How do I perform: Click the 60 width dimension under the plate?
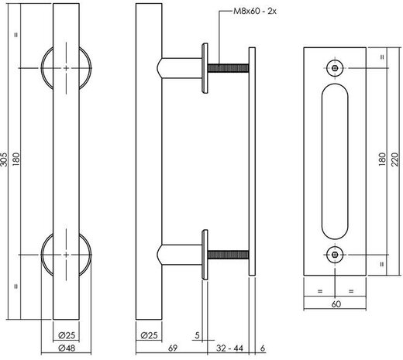pyautogui.click(x=334, y=305)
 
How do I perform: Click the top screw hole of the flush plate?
pyautogui.click(x=334, y=67)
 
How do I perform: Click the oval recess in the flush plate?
pyautogui.click(x=334, y=160)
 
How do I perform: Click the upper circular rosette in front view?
pyautogui.click(x=67, y=69)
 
